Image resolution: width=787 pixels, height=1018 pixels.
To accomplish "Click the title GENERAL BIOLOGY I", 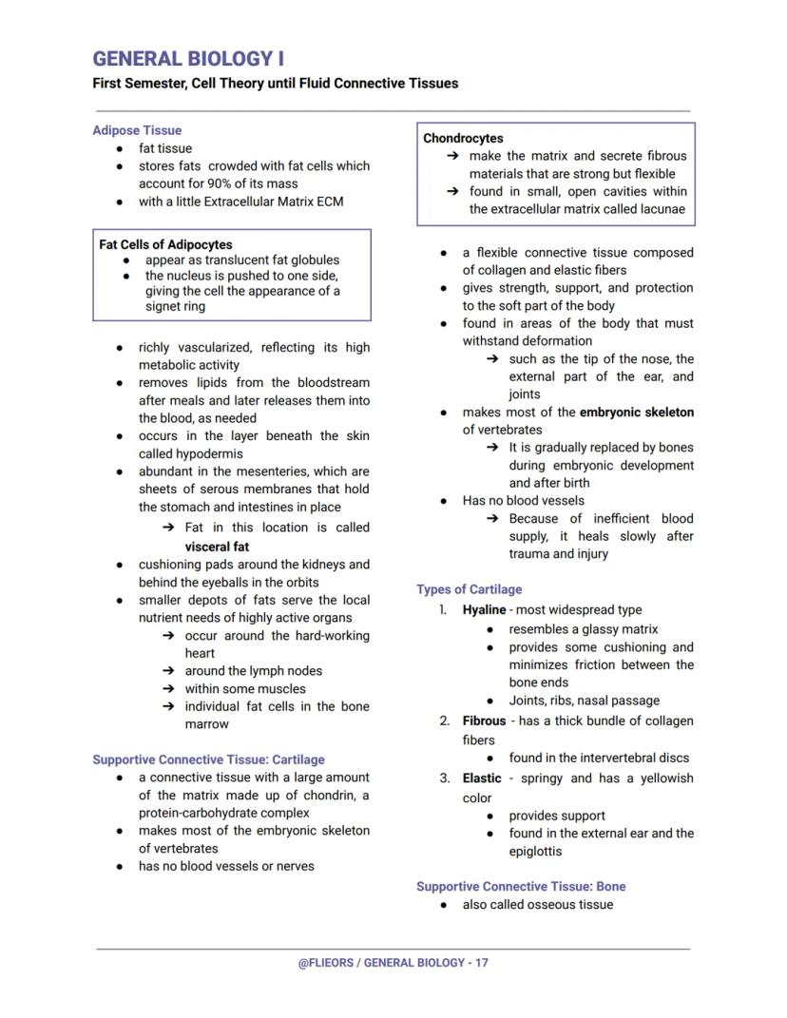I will click(x=188, y=59).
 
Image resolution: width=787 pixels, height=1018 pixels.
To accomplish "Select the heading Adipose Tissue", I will click(x=137, y=130).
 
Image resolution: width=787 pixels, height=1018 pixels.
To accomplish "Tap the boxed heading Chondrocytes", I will click(x=463, y=138).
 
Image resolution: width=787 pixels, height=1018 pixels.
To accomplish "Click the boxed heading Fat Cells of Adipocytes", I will click(x=165, y=244).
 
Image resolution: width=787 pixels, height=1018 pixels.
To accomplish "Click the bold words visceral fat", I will click(x=217, y=547).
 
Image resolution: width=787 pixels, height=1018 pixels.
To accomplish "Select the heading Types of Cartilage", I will click(x=469, y=589).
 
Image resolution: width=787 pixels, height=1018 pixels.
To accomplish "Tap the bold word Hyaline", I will click(x=484, y=610).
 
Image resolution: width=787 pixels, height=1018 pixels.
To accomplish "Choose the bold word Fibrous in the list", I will click(x=484, y=721).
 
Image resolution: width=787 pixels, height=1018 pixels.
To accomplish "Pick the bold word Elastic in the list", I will click(x=482, y=778).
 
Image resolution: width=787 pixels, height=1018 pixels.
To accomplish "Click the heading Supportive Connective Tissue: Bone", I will click(x=521, y=886).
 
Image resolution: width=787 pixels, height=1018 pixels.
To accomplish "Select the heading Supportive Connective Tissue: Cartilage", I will click(x=208, y=759).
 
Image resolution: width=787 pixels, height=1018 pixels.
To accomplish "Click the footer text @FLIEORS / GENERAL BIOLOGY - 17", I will click(x=393, y=963).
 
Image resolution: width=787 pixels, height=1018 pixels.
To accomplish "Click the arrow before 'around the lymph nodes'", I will click(x=168, y=671).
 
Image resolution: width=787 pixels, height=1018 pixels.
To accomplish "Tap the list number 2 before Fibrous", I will click(x=444, y=721).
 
